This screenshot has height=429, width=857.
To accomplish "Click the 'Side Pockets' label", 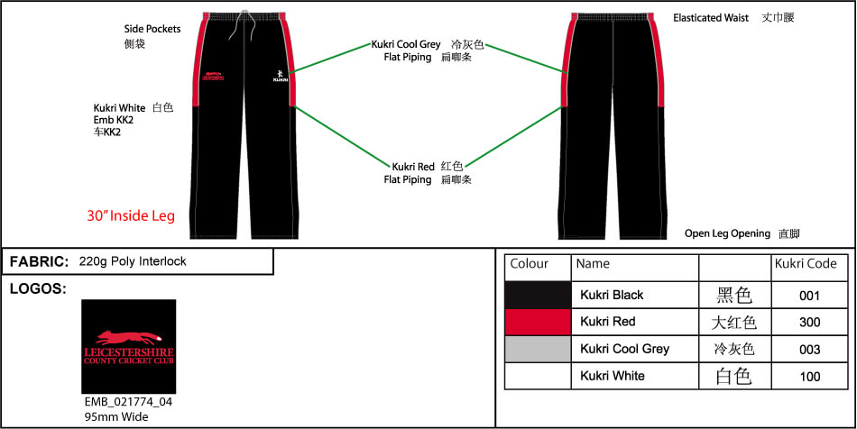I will pyautogui.click(x=152, y=29).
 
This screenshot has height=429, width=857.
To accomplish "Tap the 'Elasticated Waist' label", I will pyautogui.click(x=711, y=17).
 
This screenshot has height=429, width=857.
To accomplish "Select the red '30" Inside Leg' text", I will pyautogui.click(x=131, y=216).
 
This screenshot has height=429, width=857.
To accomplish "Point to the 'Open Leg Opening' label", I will pyautogui.click(x=727, y=233).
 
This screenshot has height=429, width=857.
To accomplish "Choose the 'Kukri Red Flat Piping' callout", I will pyautogui.click(x=413, y=173).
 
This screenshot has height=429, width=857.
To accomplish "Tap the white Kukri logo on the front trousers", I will pyautogui.click(x=280, y=76).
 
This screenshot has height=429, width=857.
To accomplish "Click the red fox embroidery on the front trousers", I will pyautogui.click(x=213, y=75).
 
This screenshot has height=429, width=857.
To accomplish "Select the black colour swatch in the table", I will pyautogui.click(x=538, y=295).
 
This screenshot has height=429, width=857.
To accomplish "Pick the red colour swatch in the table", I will pyautogui.click(x=538, y=322).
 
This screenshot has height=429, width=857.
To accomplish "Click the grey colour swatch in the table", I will pyautogui.click(x=538, y=349).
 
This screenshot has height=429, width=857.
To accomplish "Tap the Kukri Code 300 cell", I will pyautogui.click(x=809, y=322).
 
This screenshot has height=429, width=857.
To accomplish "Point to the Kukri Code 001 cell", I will pyautogui.click(x=809, y=295).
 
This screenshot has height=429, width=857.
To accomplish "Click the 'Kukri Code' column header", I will pyautogui.click(x=806, y=264).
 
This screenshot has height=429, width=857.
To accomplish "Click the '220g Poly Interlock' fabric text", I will pyautogui.click(x=133, y=261).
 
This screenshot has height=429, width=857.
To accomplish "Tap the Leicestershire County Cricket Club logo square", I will pyautogui.click(x=128, y=346).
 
